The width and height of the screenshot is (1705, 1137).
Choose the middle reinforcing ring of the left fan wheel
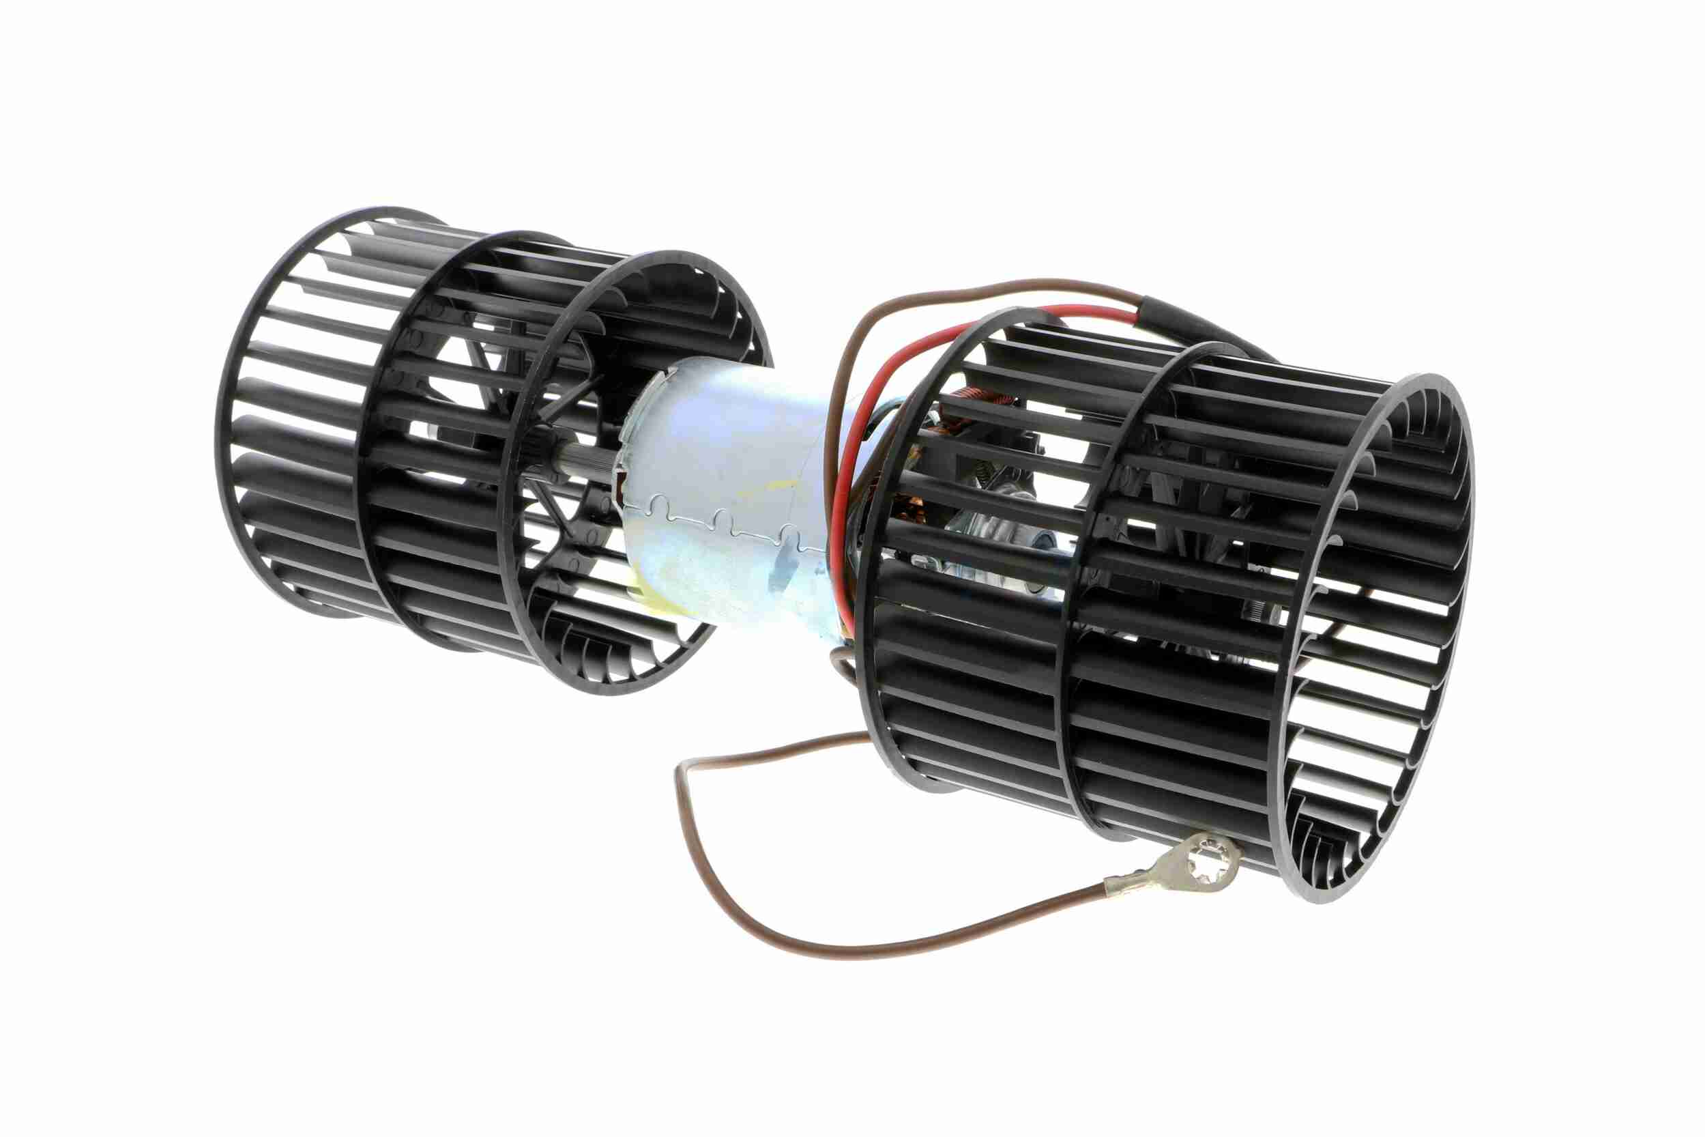tap(370, 435)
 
